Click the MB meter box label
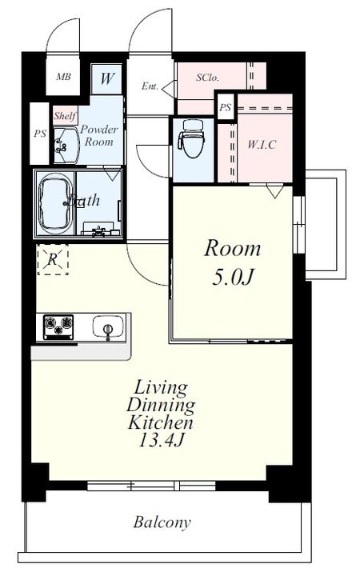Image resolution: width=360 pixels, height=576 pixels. (63, 77)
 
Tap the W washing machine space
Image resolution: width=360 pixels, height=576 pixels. (106, 78)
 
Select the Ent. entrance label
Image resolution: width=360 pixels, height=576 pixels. (150, 86)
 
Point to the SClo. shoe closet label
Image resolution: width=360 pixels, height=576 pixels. (207, 78)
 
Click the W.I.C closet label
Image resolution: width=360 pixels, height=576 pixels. (262, 144)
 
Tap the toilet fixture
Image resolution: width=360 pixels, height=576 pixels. (191, 138)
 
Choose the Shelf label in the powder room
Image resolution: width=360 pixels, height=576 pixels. (65, 116)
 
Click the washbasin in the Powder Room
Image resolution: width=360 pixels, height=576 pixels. (66, 145)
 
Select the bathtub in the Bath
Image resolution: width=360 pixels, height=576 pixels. (55, 203)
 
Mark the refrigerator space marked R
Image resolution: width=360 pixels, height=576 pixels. (53, 260)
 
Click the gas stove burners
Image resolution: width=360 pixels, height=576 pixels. (58, 326)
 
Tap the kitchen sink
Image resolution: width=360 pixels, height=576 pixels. (108, 326)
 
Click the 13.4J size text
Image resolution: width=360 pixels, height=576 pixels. (161, 439)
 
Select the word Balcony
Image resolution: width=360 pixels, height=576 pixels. (162, 522)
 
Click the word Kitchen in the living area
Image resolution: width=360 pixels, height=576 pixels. (161, 422)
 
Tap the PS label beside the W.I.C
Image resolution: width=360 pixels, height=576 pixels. (225, 107)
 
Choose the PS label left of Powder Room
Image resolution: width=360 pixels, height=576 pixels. (40, 134)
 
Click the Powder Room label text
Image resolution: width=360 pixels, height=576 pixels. (99, 135)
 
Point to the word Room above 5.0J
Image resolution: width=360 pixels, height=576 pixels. (233, 248)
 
